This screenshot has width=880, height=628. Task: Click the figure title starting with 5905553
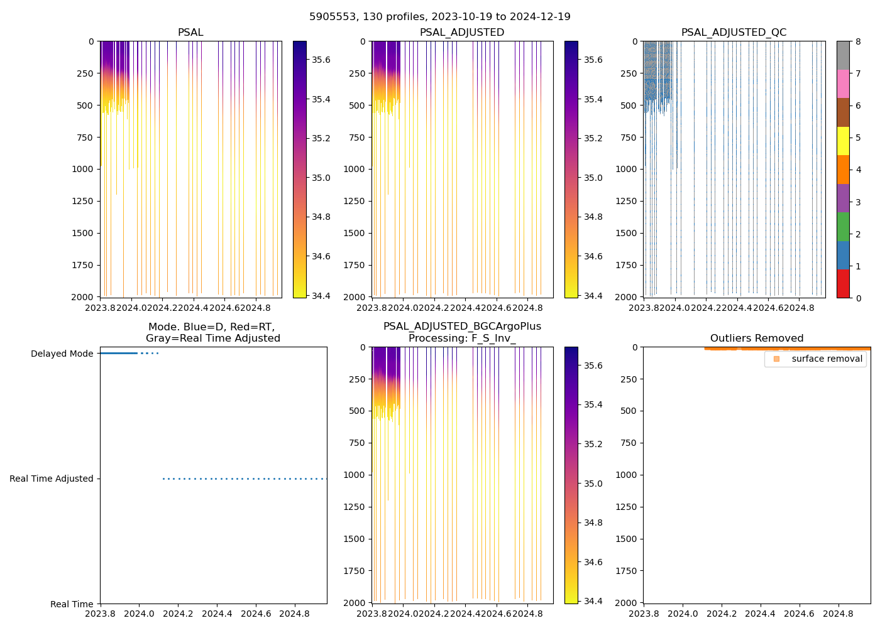(440, 17)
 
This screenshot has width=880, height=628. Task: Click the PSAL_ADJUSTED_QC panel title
(734, 33)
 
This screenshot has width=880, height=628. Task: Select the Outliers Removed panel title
(757, 338)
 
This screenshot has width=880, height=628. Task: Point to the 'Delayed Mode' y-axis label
(62, 354)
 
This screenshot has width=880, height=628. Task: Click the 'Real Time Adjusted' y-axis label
(52, 479)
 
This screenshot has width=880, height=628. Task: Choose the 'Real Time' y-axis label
(72, 605)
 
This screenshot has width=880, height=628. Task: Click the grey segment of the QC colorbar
(843, 55)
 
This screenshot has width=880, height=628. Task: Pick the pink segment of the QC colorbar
(843, 84)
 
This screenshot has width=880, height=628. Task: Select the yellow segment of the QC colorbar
(843, 141)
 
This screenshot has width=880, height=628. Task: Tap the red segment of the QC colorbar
(843, 284)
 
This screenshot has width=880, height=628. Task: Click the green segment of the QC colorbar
(843, 227)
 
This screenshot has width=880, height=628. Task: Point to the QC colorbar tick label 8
(858, 42)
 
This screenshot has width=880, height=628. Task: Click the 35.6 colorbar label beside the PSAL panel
(321, 60)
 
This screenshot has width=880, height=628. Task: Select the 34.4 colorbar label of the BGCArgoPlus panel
(593, 602)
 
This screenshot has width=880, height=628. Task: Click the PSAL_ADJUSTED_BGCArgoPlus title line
(462, 327)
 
